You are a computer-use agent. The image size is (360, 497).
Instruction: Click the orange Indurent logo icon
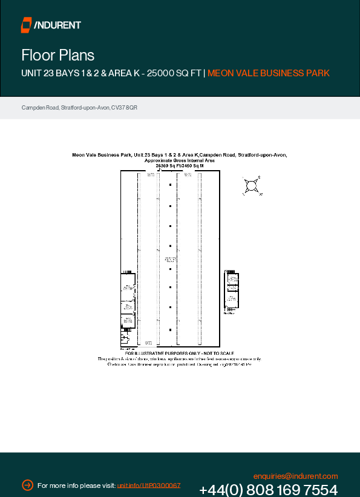26,25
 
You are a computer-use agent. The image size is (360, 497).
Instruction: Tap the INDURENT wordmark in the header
58,25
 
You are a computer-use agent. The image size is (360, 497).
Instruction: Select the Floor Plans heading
58,55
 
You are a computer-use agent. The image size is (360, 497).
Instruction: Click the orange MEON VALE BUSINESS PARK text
269,73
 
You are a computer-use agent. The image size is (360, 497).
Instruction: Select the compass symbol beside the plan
252,186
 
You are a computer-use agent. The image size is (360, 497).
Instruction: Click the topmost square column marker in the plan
171,185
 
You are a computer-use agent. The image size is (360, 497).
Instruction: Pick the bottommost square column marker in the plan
171,329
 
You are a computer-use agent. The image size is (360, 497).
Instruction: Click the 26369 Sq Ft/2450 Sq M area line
180,165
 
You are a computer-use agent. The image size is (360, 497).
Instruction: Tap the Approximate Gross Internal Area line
180,160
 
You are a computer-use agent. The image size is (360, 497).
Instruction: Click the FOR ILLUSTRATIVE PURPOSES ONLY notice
180,353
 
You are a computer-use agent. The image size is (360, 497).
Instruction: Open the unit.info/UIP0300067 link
149,486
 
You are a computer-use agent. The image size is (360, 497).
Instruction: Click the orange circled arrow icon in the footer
27,485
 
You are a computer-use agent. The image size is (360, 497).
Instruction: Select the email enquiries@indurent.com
295,476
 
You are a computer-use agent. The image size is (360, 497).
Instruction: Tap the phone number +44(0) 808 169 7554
268,490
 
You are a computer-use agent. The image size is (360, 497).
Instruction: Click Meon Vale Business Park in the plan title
100,155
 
